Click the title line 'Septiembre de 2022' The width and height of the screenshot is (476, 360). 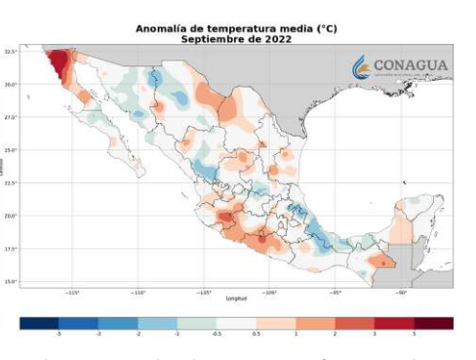tap(237, 38)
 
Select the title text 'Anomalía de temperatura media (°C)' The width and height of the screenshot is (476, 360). tap(237, 29)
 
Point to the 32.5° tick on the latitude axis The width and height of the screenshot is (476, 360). tap(11, 51)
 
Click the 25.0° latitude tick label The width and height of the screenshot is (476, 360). tap(11, 150)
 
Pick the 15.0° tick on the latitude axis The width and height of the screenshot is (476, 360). tap(11, 282)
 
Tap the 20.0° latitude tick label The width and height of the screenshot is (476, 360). tap(11, 216)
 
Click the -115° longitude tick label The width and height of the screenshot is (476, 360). tap(73, 292)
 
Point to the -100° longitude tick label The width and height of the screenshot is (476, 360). tap(270, 292)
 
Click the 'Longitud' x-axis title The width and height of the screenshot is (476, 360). tap(237, 298)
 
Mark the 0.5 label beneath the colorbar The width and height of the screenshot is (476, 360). tap(257, 335)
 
